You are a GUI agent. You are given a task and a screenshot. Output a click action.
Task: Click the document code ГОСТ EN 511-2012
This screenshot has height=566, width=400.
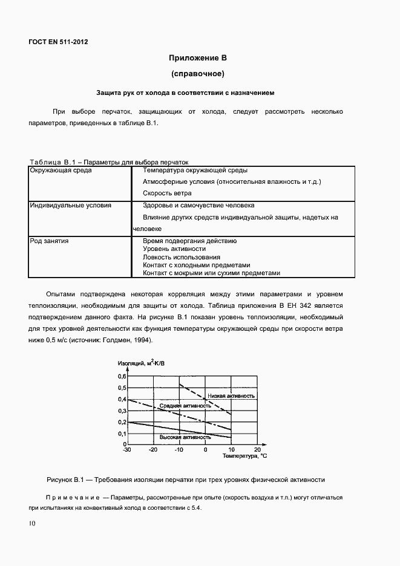tap(58, 42)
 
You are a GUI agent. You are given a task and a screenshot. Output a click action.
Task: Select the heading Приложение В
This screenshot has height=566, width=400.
tap(198, 59)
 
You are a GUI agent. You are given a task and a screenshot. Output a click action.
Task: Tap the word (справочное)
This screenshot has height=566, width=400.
tap(198, 74)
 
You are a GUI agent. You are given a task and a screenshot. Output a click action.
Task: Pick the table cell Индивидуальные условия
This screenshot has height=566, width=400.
tap(71, 206)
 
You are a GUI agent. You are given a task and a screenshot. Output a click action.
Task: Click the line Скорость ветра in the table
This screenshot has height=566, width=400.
tap(167, 194)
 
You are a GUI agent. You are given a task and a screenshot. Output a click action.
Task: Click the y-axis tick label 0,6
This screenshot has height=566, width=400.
tap(121, 376)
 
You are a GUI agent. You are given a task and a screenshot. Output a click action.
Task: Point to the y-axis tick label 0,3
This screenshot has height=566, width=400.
tap(121, 411)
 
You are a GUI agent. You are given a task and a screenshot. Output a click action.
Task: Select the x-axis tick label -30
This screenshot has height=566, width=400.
tap(126, 451)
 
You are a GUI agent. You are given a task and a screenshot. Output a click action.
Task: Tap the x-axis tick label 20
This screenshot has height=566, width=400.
tap(257, 451)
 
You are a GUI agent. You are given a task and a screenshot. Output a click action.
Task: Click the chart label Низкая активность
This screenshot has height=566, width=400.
tap(231, 395)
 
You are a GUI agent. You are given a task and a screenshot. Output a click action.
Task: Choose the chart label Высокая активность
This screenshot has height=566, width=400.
tap(185, 437)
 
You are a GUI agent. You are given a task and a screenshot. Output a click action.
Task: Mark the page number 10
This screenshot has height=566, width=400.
tap(31, 523)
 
